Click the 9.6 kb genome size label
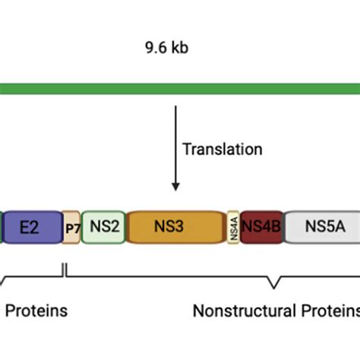click(166, 48)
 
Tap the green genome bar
click(180, 87)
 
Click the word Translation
click(223, 150)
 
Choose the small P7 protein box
click(71, 226)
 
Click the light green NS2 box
click(103, 226)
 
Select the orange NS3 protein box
click(176, 226)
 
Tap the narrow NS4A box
click(233, 226)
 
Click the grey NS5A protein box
click(321, 226)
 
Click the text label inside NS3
click(176, 226)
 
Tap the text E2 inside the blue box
click(30, 226)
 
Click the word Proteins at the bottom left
click(37, 311)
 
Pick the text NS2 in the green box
click(103, 226)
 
